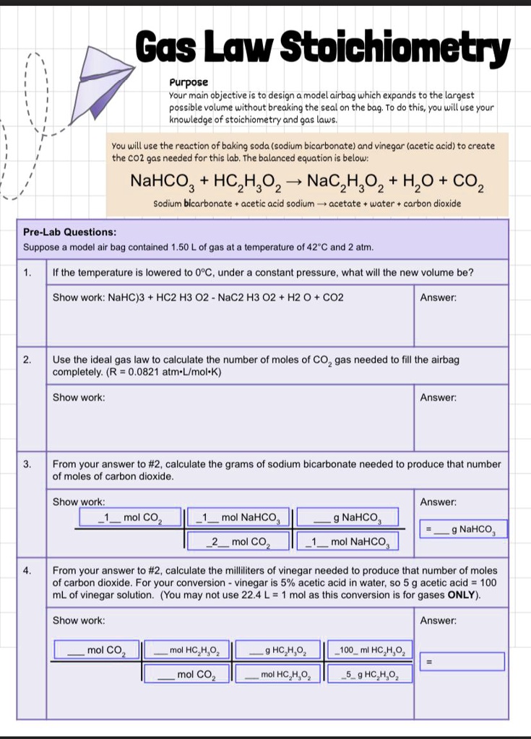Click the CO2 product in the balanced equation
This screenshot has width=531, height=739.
[467, 181]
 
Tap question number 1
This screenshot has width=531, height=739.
[27, 273]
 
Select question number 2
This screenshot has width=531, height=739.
[27, 359]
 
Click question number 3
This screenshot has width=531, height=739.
[27, 463]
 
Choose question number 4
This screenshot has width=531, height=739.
[27, 570]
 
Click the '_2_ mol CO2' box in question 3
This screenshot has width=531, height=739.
[237, 541]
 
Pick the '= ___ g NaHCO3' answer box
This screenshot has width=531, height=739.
[463, 530]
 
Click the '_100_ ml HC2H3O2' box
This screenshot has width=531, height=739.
[371, 651]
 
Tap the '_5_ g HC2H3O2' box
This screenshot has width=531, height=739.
[371, 675]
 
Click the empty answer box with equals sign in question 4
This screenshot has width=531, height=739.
[462, 661]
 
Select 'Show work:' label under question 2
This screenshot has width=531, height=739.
[79, 398]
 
